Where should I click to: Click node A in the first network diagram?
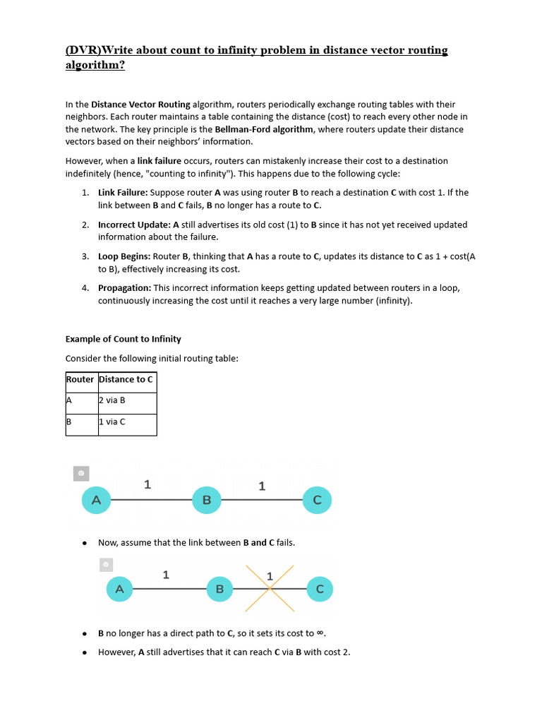click(x=97, y=500)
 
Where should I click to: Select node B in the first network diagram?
click(x=207, y=500)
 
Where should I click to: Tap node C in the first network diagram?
click(x=317, y=500)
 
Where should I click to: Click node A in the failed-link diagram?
click(x=119, y=589)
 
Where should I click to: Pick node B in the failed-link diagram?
click(x=219, y=589)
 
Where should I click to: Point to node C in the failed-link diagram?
click(x=320, y=589)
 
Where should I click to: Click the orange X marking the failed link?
click(x=270, y=588)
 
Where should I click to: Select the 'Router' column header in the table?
click(x=80, y=379)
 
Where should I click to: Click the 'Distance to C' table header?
click(x=126, y=379)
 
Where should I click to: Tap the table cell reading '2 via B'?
click(x=112, y=400)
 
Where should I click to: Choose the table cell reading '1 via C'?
click(x=112, y=422)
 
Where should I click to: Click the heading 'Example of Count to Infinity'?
click(x=124, y=339)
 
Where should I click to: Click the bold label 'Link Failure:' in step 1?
click(x=123, y=192)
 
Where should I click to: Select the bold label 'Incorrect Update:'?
click(x=134, y=225)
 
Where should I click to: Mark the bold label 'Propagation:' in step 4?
click(x=124, y=288)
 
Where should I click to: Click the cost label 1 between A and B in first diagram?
click(x=147, y=484)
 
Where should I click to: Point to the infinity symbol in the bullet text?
click(x=320, y=633)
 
